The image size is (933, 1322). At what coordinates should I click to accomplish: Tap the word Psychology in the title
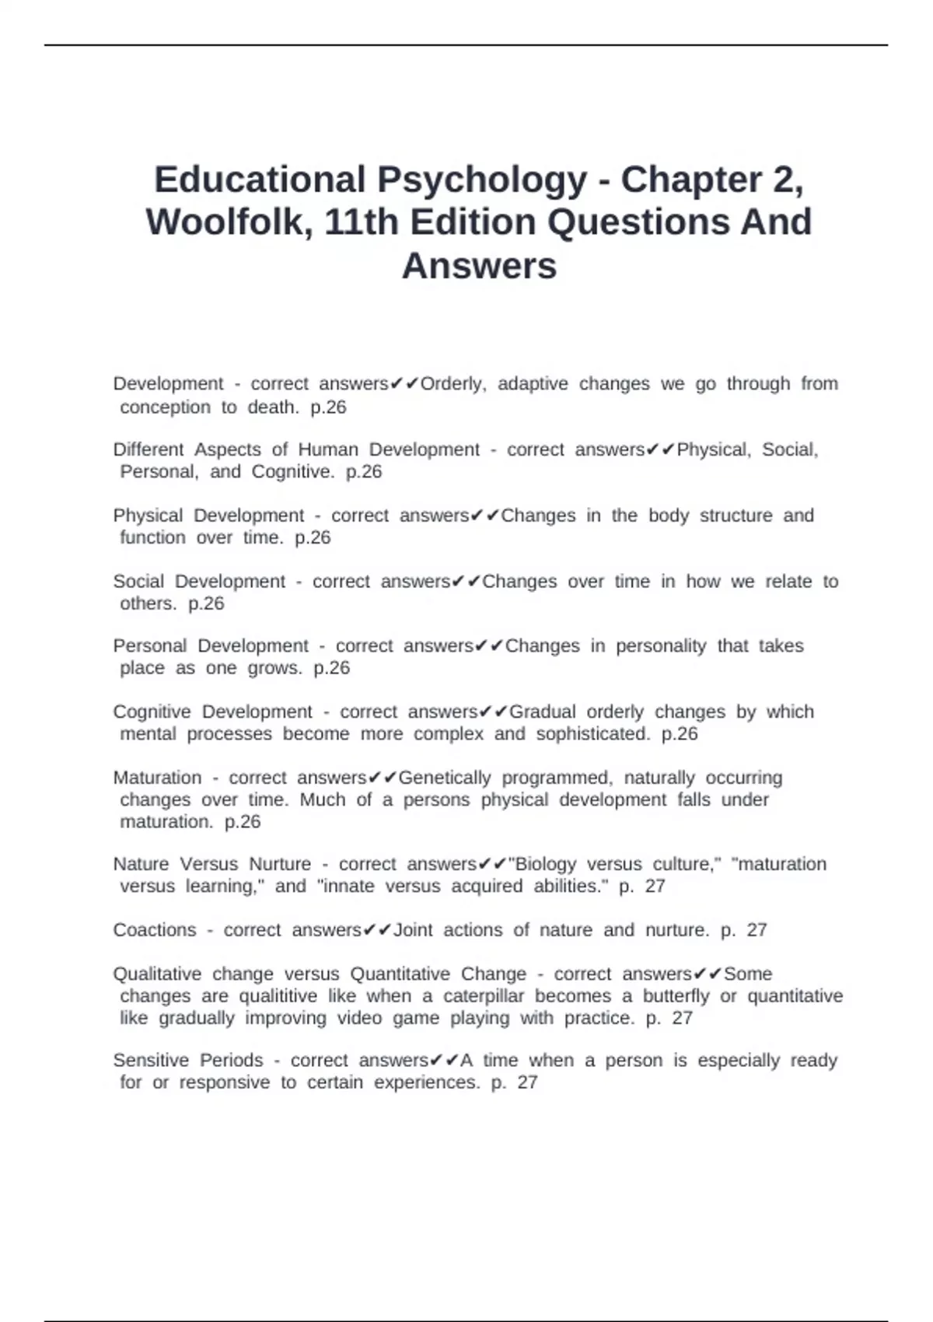click(x=482, y=180)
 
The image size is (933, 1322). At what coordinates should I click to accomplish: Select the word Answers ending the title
click(x=479, y=266)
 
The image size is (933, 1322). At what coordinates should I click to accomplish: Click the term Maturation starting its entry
click(x=157, y=778)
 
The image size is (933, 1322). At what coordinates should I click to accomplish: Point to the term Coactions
click(x=155, y=930)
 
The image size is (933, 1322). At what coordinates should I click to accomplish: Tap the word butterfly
click(x=676, y=996)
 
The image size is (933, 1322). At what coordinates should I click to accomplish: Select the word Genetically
click(x=444, y=778)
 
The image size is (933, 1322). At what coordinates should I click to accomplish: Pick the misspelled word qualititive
click(x=278, y=996)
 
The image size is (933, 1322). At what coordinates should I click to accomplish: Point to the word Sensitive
click(x=149, y=1061)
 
